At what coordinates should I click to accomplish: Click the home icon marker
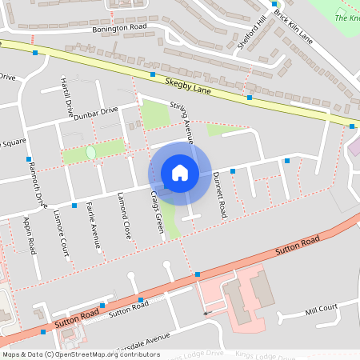[x=180, y=172]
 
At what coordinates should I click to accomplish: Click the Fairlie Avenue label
[x=94, y=226]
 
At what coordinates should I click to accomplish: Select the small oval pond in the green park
[x=90, y=151]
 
